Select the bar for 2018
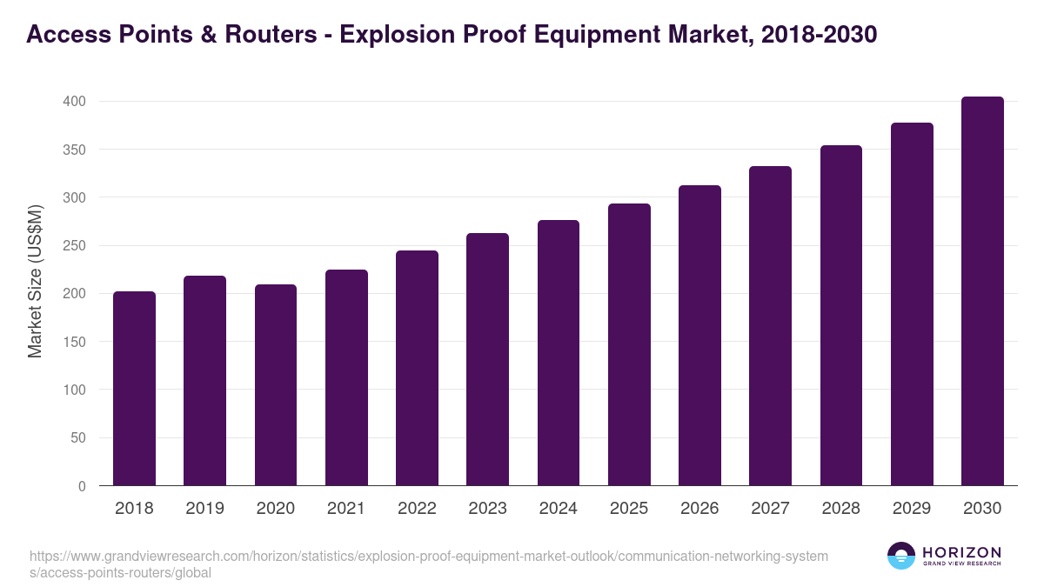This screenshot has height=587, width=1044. pyautogui.click(x=134, y=389)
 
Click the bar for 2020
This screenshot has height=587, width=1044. pyautogui.click(x=276, y=385)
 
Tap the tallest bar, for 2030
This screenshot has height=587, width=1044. pyautogui.click(x=982, y=291)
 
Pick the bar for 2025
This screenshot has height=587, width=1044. pyautogui.click(x=629, y=344)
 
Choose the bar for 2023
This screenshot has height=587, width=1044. pyautogui.click(x=487, y=359)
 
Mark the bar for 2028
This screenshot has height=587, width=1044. pyautogui.click(x=840, y=316)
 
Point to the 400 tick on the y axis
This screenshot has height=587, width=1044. pyautogui.click(x=74, y=102)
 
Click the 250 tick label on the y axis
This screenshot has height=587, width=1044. pyautogui.click(x=74, y=246)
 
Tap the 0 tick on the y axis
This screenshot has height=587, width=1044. pyautogui.click(x=82, y=486)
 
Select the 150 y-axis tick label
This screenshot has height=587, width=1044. pyautogui.click(x=74, y=342)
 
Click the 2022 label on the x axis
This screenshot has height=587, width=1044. pyautogui.click(x=417, y=509)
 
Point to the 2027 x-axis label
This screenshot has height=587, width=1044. pyautogui.click(x=770, y=509)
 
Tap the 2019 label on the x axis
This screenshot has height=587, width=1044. pyautogui.click(x=204, y=509)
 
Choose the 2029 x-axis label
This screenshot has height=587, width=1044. pyautogui.click(x=912, y=509)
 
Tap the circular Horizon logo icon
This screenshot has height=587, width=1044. pyautogui.click(x=901, y=557)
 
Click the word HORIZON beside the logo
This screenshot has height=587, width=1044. pyautogui.click(x=961, y=552)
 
